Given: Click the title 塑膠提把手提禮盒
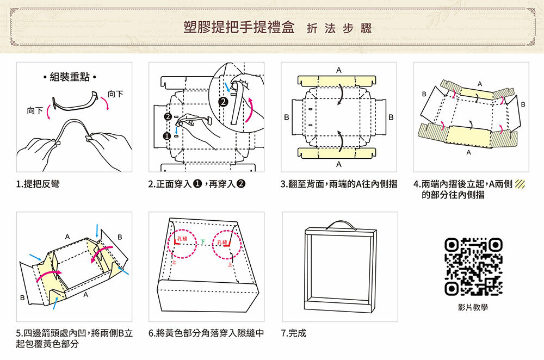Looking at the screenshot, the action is (240, 28).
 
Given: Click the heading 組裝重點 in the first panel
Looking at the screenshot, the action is (70, 77).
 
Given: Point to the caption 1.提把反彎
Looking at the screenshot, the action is (38, 185).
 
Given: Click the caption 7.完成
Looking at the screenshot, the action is (294, 332).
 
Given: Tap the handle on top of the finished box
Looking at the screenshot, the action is (340, 224).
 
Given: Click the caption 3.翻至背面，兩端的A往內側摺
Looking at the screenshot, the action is (338, 185).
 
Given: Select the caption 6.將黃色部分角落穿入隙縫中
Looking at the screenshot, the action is (206, 332).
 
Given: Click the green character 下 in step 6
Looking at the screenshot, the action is (202, 241).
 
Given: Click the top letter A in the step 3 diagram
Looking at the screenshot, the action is (339, 70).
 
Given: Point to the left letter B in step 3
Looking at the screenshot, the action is (286, 117).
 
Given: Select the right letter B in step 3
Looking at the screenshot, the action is (392, 117).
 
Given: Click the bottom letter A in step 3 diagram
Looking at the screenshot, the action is (339, 164).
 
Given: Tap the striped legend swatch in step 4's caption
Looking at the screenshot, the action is (520, 185).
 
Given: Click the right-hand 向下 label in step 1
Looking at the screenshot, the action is (115, 94).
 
